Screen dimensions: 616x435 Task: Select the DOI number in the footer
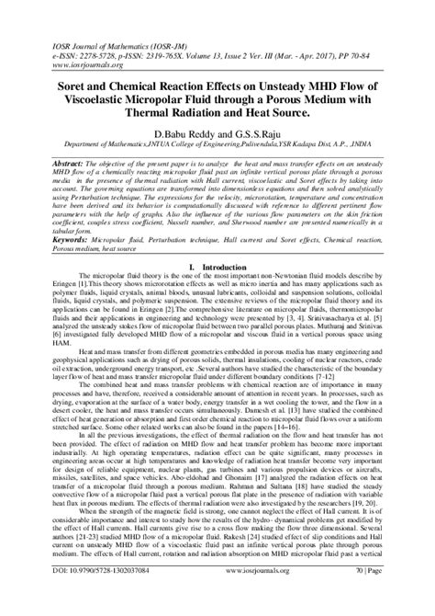coord(86,597)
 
